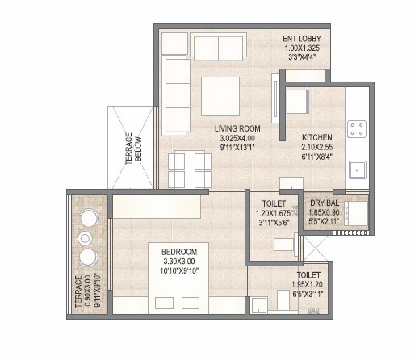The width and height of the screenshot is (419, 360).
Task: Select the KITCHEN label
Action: point(318,136)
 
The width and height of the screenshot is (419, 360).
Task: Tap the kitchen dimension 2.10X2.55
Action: point(318,148)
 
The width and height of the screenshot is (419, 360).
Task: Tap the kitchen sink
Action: point(355,170)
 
